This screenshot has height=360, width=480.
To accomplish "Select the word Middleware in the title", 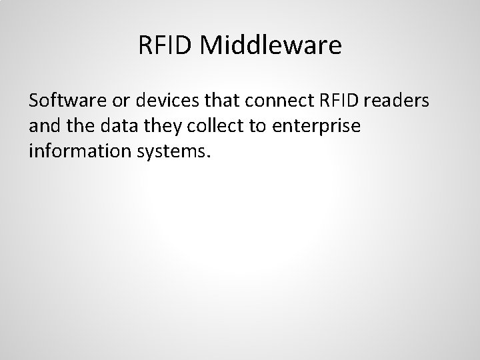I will [x=270, y=45].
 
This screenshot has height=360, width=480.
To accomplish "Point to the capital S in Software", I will [x=34, y=101].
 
